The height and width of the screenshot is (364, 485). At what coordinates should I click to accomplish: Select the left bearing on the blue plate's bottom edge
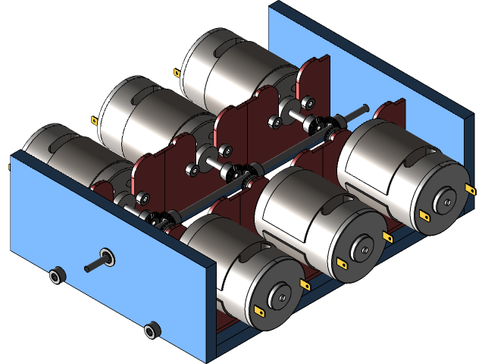click(55, 275)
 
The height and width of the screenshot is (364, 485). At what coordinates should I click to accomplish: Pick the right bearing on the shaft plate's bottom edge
click(152, 330)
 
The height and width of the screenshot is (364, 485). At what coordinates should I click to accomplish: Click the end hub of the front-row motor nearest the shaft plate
click(280, 297)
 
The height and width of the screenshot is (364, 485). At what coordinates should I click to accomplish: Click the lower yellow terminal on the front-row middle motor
click(340, 263)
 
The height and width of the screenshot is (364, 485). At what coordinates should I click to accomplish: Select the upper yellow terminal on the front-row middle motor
click(389, 237)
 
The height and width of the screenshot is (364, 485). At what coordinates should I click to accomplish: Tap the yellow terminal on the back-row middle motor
click(95, 120)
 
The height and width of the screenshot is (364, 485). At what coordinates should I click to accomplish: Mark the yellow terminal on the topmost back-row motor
click(177, 74)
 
